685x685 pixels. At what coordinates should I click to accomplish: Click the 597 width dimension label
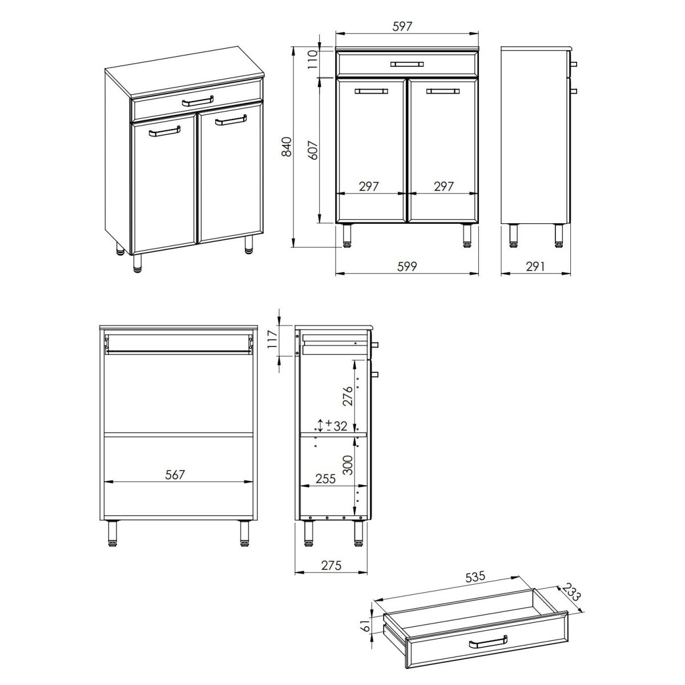402,26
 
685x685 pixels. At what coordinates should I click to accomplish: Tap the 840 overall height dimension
287,147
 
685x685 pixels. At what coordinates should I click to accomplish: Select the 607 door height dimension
312,150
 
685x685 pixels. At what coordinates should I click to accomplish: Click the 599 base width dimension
407,266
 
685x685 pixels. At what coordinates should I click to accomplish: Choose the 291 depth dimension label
535,266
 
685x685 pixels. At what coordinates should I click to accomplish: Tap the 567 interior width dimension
175,474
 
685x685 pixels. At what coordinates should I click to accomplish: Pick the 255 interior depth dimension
325,478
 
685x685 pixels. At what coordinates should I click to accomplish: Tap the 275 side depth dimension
331,565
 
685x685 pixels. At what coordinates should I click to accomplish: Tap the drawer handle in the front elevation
407,64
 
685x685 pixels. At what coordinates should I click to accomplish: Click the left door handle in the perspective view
164,131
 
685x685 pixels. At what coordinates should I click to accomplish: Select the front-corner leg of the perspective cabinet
137,263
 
